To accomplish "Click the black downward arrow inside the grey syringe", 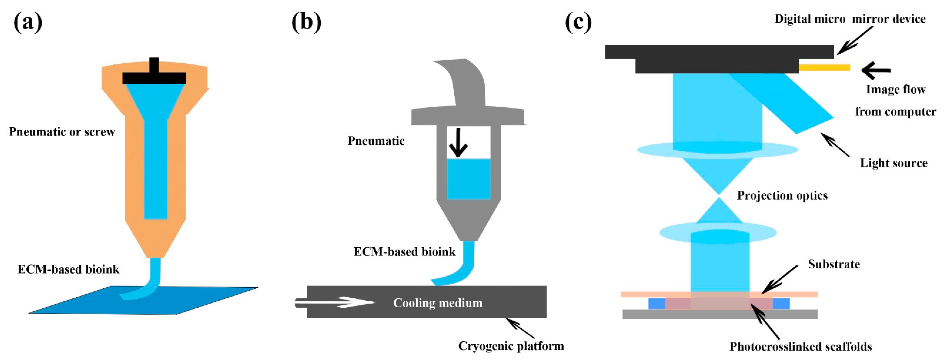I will [458, 143].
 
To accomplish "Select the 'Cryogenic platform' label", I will [511, 346].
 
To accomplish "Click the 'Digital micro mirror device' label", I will [850, 19].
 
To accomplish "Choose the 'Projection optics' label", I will [782, 195].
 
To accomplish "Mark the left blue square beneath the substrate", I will [657, 303].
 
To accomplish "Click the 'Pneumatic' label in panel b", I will [376, 141].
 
